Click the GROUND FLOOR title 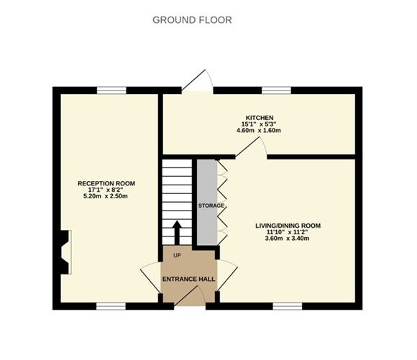[192, 20]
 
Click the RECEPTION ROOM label [106, 184]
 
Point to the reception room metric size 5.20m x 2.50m [106, 197]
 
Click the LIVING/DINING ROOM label [288, 226]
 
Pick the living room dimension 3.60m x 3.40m [288, 239]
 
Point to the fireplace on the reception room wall [65, 251]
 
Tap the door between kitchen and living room [251, 147]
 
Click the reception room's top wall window [112, 90]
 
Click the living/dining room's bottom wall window [287, 305]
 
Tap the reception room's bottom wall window [112, 305]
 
